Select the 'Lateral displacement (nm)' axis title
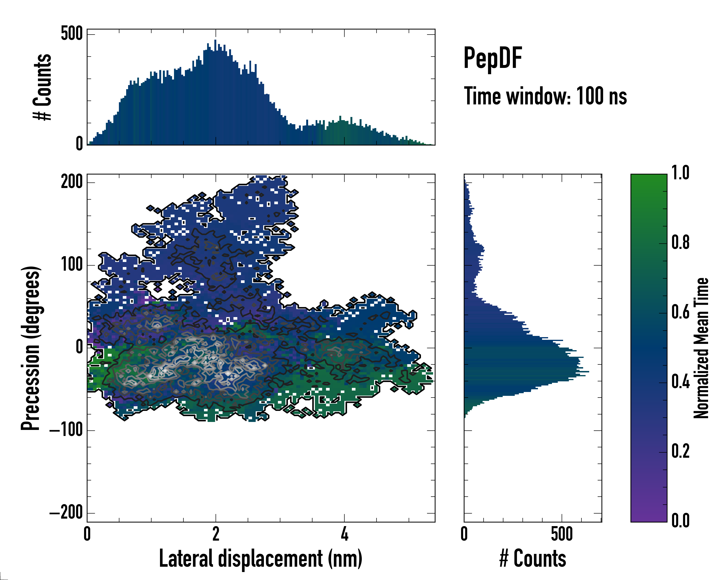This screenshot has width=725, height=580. click(261, 558)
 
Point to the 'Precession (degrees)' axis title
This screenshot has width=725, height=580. click(31, 348)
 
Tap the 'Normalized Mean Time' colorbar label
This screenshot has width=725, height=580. click(701, 348)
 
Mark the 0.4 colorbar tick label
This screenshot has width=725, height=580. click(680, 382)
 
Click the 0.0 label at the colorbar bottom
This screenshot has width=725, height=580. click(680, 521)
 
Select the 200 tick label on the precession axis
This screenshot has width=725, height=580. click(72, 182)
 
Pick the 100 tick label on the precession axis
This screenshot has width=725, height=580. click(72, 265)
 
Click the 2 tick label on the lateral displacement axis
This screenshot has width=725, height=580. click(216, 534)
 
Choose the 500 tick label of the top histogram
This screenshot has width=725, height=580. click(72, 34)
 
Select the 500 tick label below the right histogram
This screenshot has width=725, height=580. click(562, 534)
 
